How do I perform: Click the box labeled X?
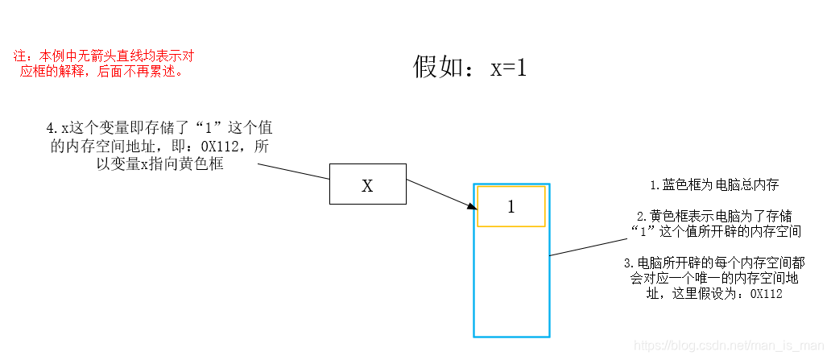click(367, 184)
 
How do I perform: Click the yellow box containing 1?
click(511, 206)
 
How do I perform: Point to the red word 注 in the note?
click(20, 56)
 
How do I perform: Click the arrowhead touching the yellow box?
click(471, 208)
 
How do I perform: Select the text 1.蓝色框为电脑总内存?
click(714, 184)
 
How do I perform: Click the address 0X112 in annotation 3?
click(766, 295)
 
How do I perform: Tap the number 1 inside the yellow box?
click(511, 207)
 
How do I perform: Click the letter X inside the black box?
click(367, 186)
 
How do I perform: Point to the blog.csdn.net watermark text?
click(730, 345)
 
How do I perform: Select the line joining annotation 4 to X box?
click(294, 172)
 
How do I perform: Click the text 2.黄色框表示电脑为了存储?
click(714, 216)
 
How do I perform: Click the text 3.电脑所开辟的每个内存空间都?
click(713, 263)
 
